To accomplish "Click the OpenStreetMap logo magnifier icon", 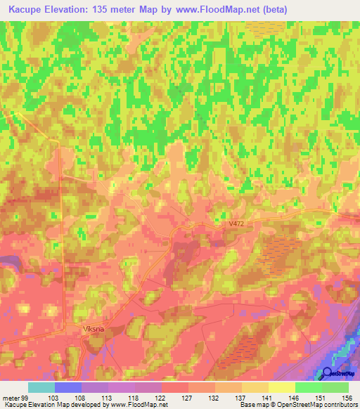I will (x=328, y=372).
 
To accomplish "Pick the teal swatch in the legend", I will (x=41, y=387).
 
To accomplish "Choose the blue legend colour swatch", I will (x=68, y=387).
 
